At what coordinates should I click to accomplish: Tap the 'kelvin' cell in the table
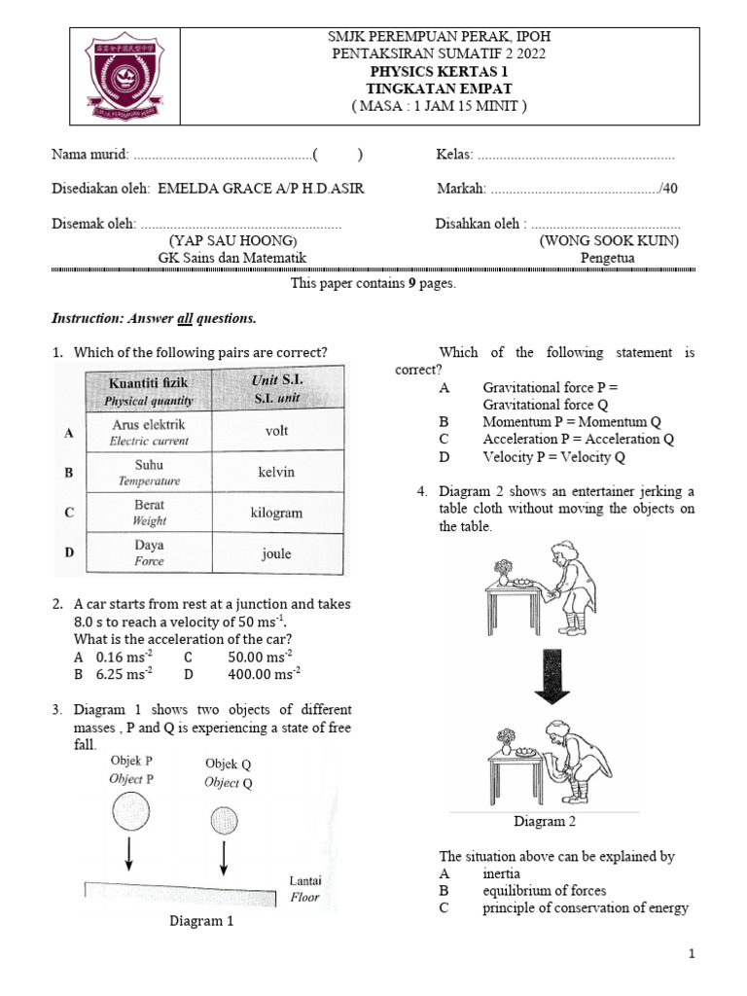pyautogui.click(x=276, y=472)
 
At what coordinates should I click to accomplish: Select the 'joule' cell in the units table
pyautogui.click(x=276, y=553)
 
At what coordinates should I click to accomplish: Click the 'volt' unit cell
pyautogui.click(x=276, y=430)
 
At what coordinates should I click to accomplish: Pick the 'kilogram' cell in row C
pyautogui.click(x=276, y=513)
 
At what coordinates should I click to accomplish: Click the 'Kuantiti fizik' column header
pyautogui.click(x=149, y=390)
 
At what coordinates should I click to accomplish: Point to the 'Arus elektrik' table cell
pyautogui.click(x=149, y=431)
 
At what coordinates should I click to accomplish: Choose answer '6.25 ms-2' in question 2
pyautogui.click(x=124, y=673)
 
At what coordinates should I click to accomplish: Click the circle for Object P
pyautogui.click(x=130, y=809)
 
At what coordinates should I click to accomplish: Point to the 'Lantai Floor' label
pyautogui.click(x=305, y=889)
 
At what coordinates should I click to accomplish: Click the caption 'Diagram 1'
pyautogui.click(x=201, y=921)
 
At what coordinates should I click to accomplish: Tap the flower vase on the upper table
pyautogui.click(x=502, y=568)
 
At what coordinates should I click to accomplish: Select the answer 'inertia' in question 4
pyautogui.click(x=501, y=873)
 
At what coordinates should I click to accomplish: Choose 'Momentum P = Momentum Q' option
pyautogui.click(x=571, y=422)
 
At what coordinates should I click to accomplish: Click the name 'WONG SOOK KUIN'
pyautogui.click(x=609, y=240)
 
